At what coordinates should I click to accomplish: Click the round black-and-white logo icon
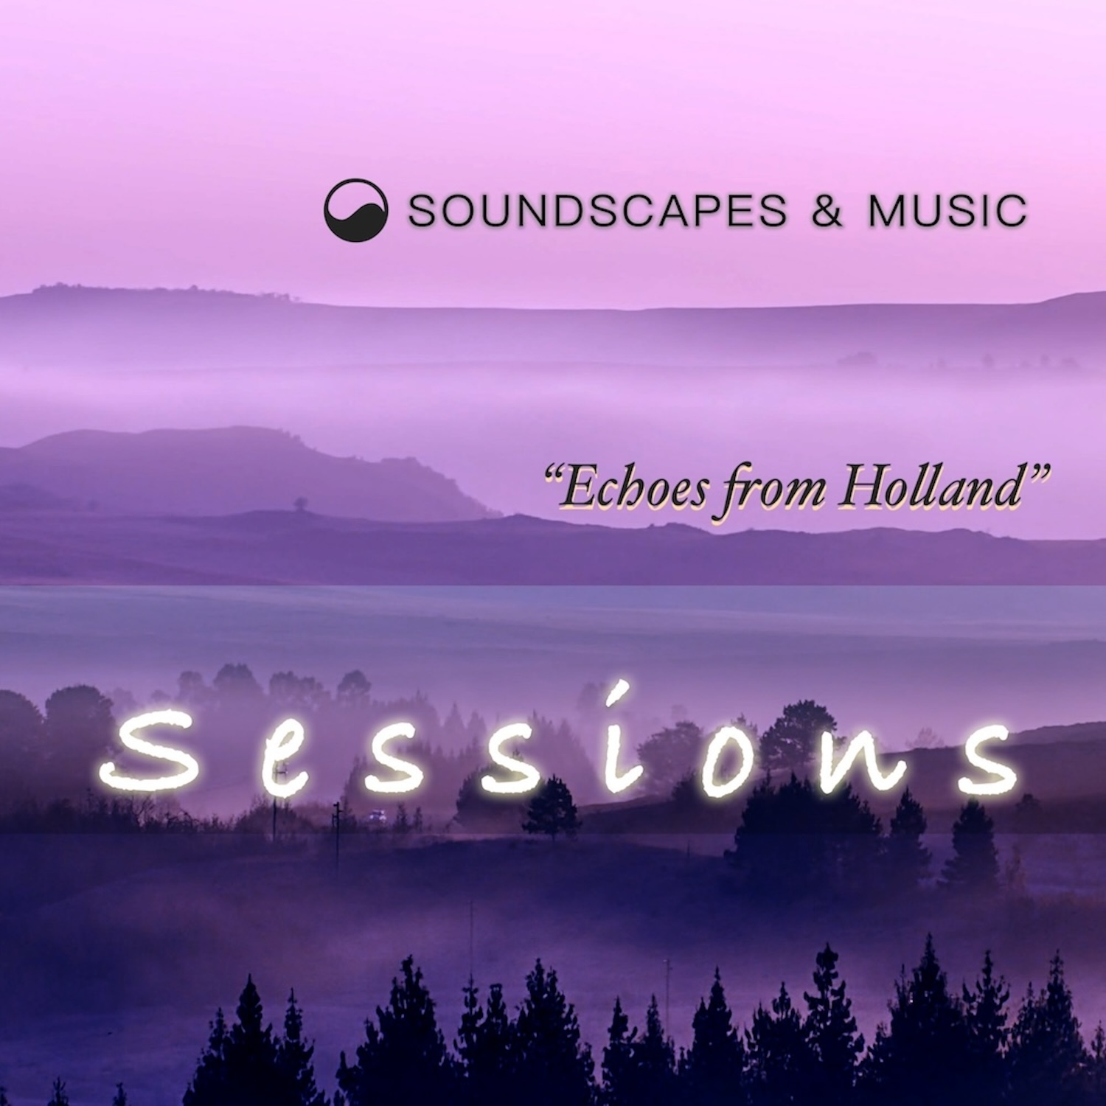tap(356, 210)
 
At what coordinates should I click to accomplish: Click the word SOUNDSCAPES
tap(598, 211)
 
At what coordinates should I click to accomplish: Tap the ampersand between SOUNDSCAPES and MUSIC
tap(827, 211)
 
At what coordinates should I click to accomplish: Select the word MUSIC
tap(947, 211)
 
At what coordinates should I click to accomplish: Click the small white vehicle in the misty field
tap(377, 815)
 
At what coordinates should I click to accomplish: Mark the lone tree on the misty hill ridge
tap(300, 504)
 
